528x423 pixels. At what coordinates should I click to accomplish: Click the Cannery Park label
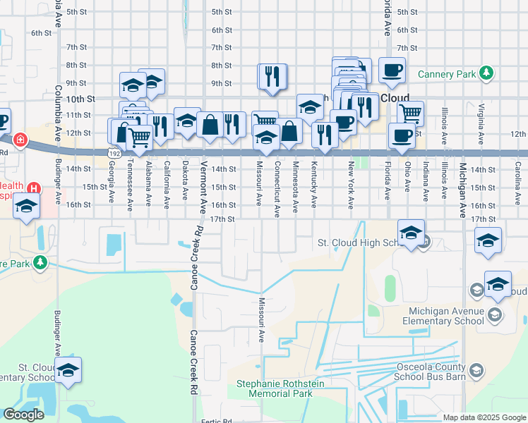[446, 73]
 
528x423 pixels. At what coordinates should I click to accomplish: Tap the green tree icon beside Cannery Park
[486, 73]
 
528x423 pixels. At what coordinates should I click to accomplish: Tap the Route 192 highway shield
[113, 152]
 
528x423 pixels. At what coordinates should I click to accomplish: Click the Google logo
[23, 415]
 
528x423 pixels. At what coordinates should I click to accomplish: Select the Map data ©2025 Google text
[484, 417]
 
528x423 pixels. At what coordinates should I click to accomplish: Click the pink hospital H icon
[33, 189]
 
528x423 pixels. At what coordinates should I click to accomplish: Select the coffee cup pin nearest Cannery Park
[392, 70]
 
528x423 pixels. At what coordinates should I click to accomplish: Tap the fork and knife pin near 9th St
[272, 77]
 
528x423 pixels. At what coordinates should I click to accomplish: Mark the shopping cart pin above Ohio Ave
[409, 113]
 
